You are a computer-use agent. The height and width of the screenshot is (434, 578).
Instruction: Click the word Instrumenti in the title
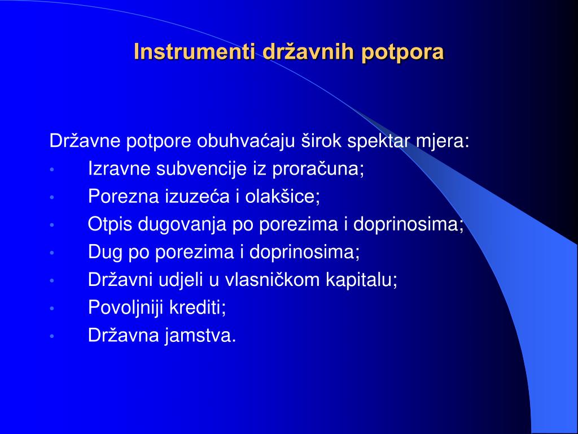(x=195, y=51)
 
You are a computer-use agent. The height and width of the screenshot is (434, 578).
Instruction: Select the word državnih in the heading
(x=309, y=51)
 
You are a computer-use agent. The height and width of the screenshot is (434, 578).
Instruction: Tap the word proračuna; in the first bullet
(x=318, y=170)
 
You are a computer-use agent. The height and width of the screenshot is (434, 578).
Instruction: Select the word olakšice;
(x=283, y=196)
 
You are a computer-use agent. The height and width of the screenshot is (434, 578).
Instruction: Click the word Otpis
(x=110, y=225)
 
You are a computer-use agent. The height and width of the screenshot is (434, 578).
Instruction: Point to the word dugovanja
(x=182, y=225)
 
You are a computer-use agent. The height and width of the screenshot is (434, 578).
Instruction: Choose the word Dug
(x=105, y=253)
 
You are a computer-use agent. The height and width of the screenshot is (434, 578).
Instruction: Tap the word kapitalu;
(x=362, y=280)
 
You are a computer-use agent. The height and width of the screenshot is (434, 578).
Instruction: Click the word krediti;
(x=198, y=307)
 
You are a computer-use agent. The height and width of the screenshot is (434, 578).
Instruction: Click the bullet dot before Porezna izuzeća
(x=52, y=197)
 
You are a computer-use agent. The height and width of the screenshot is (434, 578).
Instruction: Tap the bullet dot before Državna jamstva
(x=52, y=336)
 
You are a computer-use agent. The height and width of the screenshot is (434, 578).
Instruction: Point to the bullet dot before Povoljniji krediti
(x=52, y=308)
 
